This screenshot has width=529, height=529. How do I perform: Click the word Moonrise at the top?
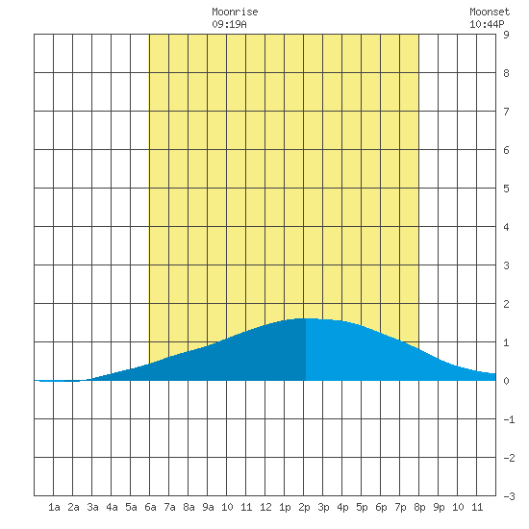235,12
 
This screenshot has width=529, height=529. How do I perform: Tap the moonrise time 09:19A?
230,24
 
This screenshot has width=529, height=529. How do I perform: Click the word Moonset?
490,12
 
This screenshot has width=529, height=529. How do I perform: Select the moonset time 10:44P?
487,24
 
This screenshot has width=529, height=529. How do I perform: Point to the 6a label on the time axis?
150,507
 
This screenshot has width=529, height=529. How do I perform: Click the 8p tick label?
419,507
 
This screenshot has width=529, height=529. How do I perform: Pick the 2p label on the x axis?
304,507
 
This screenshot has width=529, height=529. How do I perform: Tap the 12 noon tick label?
265,507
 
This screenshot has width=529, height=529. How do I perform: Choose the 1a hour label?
54,507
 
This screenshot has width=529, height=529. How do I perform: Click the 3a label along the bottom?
92,507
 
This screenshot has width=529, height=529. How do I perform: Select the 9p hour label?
439,507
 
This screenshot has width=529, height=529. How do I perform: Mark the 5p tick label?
362,507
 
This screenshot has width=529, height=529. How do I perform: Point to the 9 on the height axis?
506,35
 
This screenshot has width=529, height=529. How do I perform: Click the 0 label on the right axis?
506,381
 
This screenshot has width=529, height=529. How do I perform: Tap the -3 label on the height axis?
509,496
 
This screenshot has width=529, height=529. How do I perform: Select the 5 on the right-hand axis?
506,189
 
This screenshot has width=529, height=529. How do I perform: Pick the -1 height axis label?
509,419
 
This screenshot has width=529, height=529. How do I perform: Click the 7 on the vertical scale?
506,112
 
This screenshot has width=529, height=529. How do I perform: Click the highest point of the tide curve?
306,318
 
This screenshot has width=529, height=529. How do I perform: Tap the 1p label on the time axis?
285,507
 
